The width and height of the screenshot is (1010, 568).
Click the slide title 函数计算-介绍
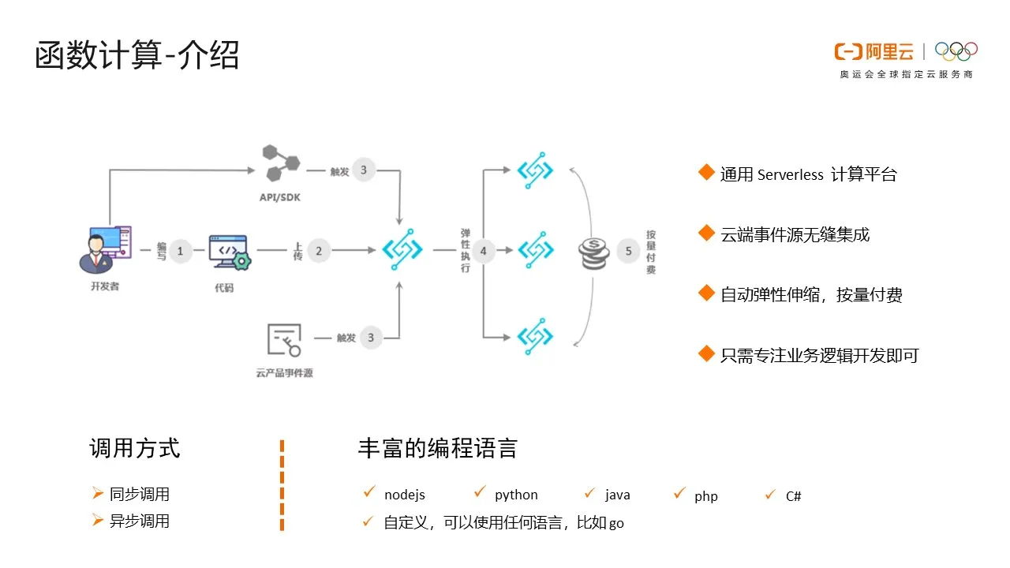[x=137, y=56]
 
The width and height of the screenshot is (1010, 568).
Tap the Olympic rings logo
[x=956, y=51]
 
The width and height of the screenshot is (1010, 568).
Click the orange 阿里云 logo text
[x=889, y=52]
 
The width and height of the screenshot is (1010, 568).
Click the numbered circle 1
[x=180, y=251]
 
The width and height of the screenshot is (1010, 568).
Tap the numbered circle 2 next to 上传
[x=319, y=251]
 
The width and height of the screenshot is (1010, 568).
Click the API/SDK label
[x=280, y=197]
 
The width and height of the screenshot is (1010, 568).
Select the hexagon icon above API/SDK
[x=281, y=163]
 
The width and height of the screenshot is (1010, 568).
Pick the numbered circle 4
[x=483, y=251]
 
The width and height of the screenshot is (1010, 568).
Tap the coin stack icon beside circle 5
[x=594, y=252]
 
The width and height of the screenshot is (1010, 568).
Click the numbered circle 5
[x=629, y=251]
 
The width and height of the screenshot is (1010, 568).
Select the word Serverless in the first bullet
[x=790, y=175]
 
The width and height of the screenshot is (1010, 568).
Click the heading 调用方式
[x=135, y=448]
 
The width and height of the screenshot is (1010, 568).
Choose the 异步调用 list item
[x=140, y=521]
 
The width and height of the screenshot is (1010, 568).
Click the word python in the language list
[x=516, y=495]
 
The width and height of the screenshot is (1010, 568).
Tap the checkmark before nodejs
[x=368, y=492]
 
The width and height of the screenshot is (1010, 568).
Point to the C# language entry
[x=793, y=496]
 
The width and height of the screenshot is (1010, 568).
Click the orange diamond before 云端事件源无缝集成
[x=706, y=233]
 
